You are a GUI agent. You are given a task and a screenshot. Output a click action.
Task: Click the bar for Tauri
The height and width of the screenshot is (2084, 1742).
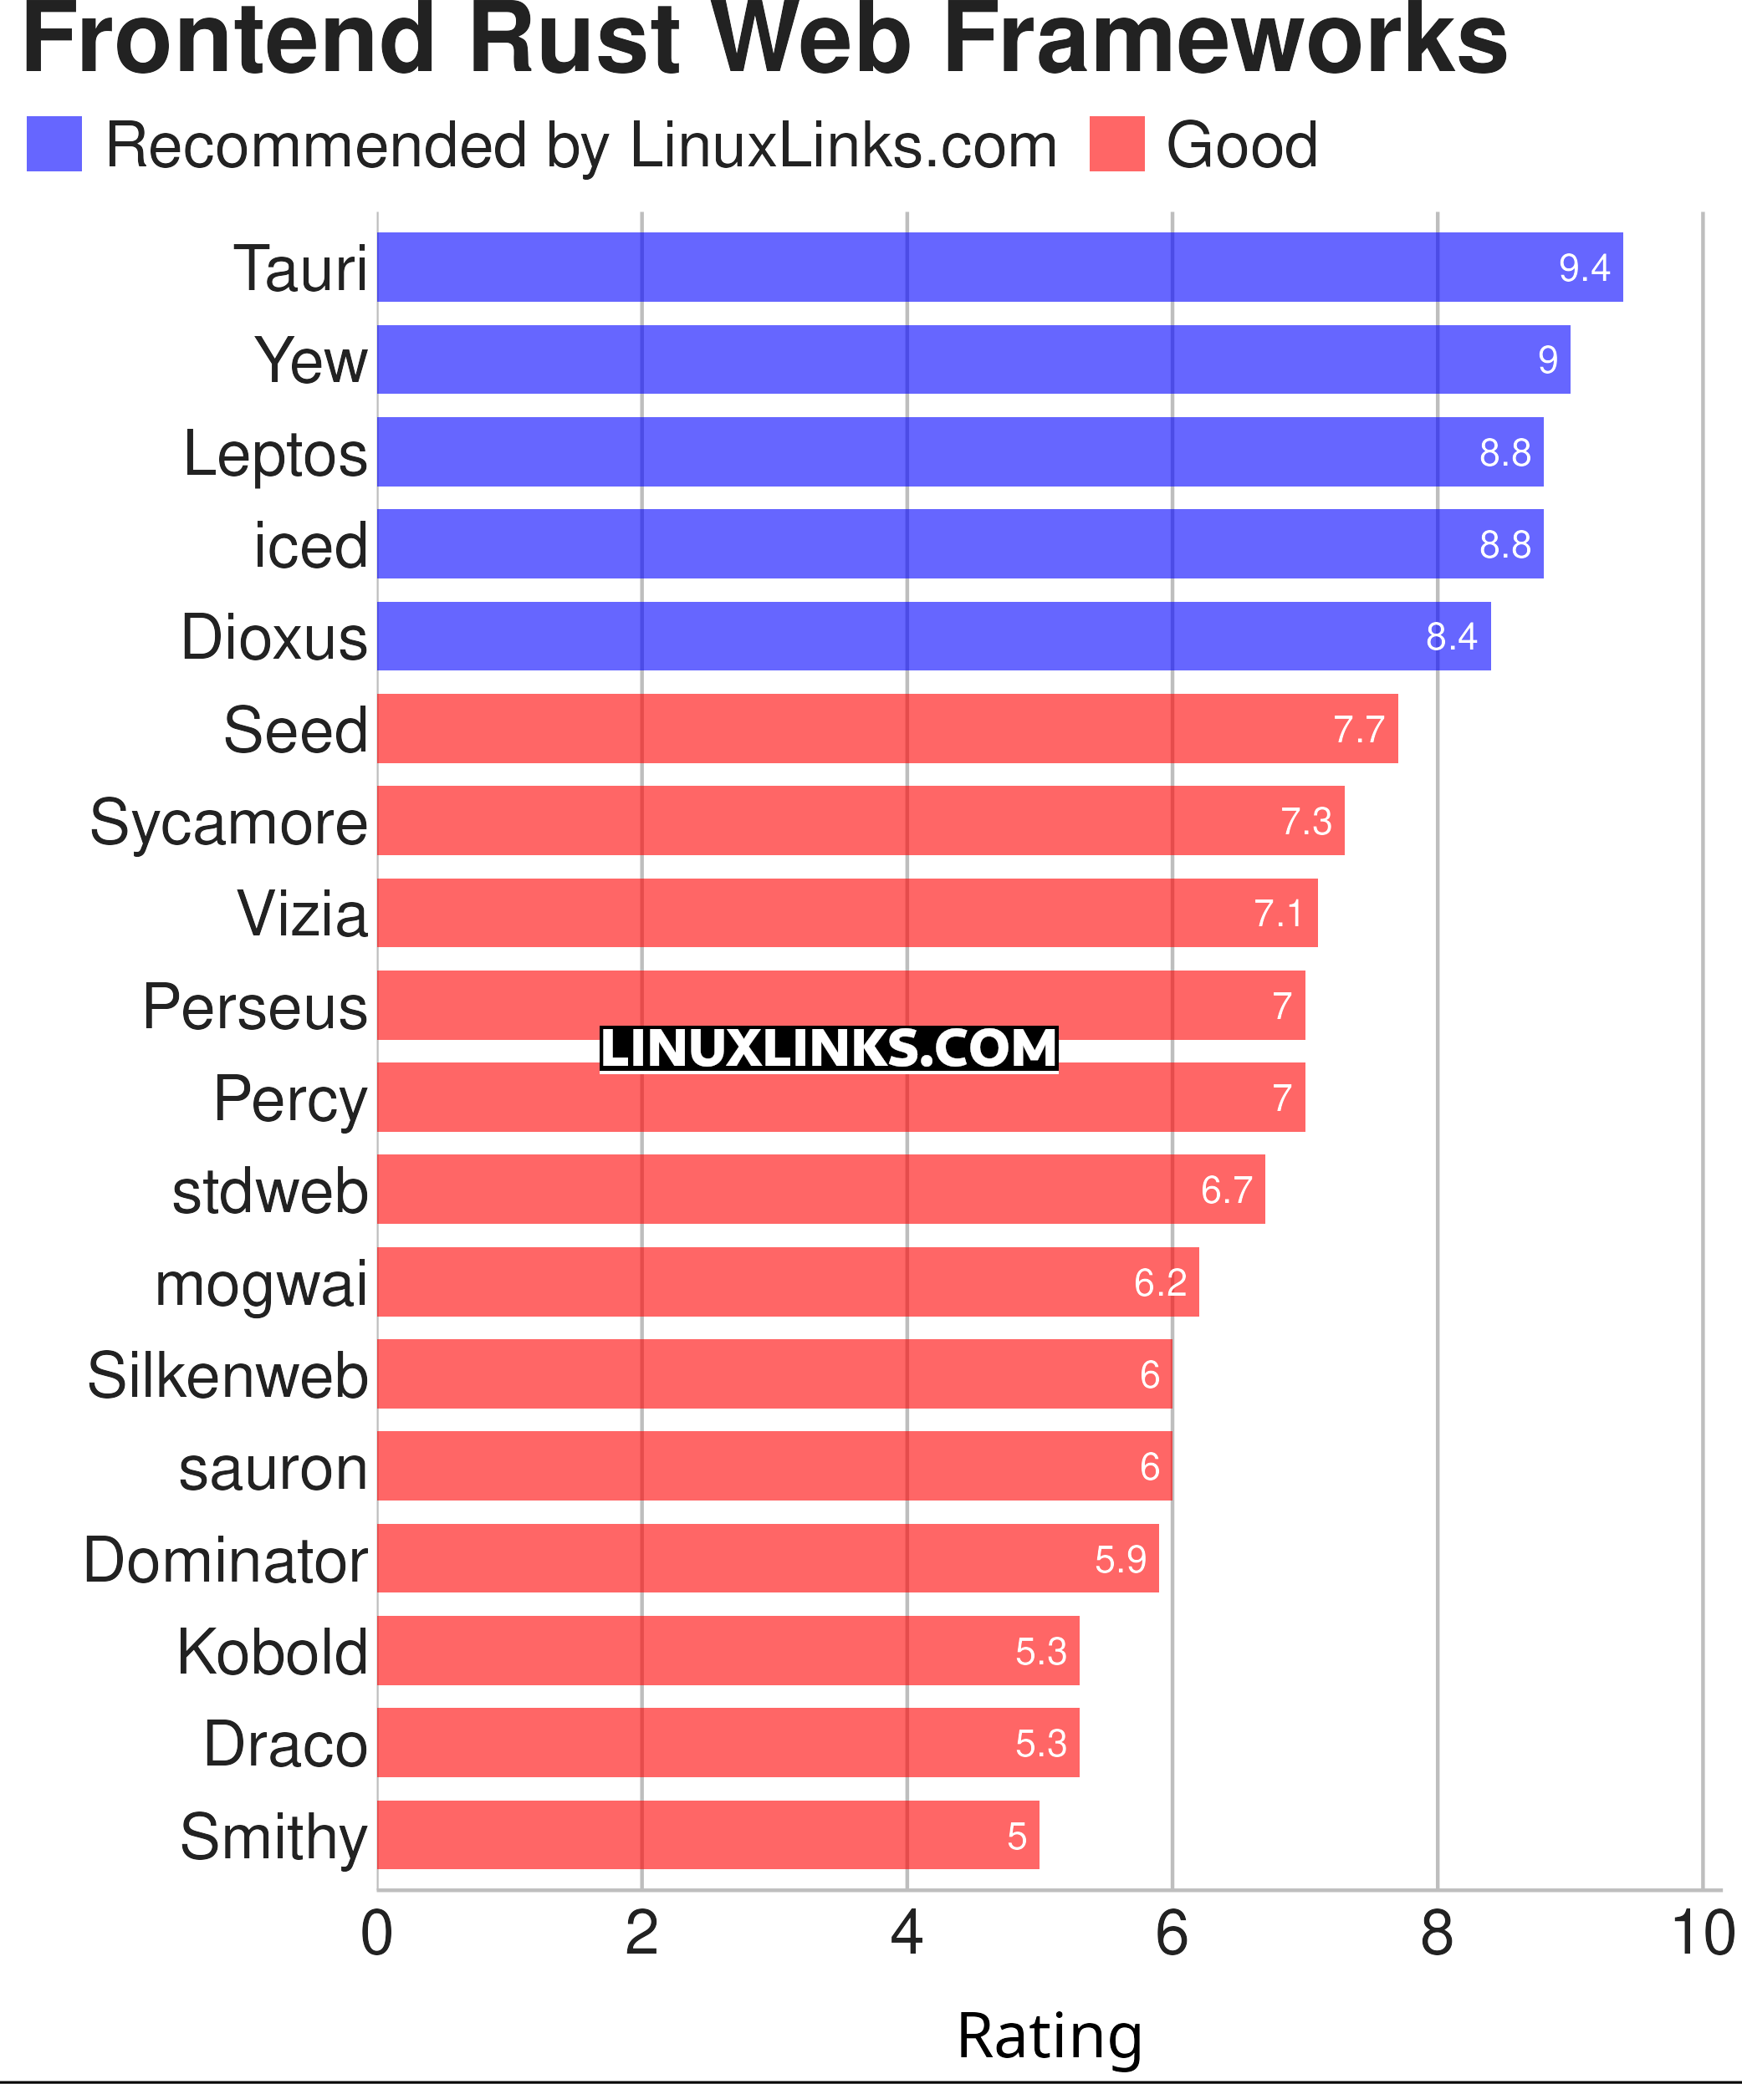(x=999, y=267)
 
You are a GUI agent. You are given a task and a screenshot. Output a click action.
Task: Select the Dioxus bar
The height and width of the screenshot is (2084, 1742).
(x=933, y=636)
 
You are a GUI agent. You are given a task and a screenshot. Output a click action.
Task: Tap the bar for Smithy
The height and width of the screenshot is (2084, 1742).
(x=708, y=1835)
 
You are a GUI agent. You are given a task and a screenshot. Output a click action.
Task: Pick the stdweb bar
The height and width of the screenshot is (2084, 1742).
(x=821, y=1189)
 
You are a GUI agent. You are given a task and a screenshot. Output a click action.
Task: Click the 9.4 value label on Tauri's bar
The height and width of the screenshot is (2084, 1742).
(x=1584, y=268)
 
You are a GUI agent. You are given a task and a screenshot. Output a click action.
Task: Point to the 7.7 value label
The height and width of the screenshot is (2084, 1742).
(x=1358, y=730)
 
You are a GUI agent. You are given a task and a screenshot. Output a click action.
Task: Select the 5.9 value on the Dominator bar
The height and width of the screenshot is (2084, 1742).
(x=1120, y=1559)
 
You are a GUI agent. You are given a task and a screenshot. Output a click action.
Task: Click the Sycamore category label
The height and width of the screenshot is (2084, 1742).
(x=228, y=823)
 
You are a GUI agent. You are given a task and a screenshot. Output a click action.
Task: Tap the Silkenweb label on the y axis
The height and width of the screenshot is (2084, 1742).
(x=227, y=1375)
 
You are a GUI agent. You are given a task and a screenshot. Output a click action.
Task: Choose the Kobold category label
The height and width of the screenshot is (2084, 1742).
(x=272, y=1653)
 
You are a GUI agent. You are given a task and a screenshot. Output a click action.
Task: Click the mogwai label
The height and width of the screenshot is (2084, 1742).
(x=261, y=1283)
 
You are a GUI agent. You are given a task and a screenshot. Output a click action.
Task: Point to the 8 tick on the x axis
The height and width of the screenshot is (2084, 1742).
(x=1436, y=1934)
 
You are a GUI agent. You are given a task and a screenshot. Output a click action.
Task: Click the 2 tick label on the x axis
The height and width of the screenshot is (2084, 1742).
(x=641, y=1934)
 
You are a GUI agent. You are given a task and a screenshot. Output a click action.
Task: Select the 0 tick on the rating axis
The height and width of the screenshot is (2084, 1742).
(x=377, y=1934)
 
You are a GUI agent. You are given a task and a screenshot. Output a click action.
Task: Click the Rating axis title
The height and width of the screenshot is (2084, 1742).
(x=1050, y=2036)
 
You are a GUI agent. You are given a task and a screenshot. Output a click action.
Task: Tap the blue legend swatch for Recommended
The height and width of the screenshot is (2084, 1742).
(x=54, y=144)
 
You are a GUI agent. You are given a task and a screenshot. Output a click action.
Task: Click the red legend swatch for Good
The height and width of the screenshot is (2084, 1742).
(x=1116, y=144)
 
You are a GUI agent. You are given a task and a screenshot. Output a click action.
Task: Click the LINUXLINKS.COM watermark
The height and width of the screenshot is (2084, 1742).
(x=829, y=1049)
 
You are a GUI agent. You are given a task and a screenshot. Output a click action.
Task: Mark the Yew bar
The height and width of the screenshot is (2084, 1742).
(x=973, y=359)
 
